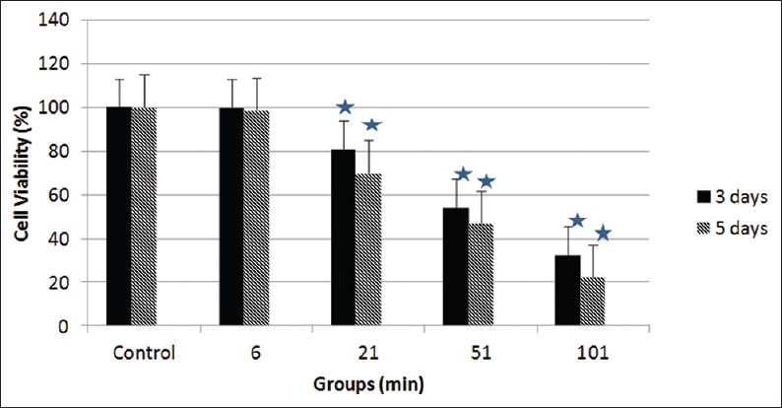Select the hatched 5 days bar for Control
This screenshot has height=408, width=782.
coord(144,216)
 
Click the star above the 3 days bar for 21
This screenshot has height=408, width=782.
coord(345,106)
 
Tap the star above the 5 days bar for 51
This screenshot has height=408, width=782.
coord(486,181)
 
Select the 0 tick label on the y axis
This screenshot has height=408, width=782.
coord(68,326)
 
